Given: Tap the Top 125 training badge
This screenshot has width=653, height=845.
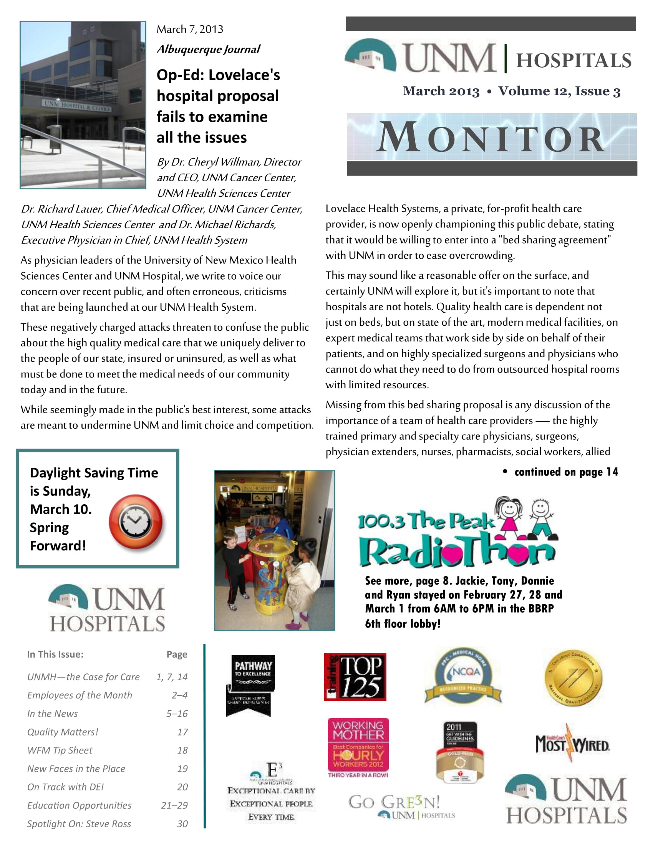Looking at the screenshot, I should pos(355,677).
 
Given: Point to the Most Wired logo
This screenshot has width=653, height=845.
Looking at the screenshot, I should pos(573,744).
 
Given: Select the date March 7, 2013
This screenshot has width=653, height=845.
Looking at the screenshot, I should pos(190,30).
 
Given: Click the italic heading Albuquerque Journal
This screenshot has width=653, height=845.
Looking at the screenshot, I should pos(208,50).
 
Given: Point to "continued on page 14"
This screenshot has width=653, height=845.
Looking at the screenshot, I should pos(566,472).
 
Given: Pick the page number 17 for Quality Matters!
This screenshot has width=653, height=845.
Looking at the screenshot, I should pos(182,732).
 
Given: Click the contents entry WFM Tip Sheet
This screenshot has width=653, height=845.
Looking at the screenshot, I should pos(60,750).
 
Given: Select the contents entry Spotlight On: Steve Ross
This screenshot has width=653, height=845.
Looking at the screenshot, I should pos(79,824).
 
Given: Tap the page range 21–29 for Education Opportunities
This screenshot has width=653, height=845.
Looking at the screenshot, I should pos(174,805).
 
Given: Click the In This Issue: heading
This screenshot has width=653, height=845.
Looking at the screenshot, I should pos(55,654).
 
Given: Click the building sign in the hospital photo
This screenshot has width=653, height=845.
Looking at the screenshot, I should pos(77,106).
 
